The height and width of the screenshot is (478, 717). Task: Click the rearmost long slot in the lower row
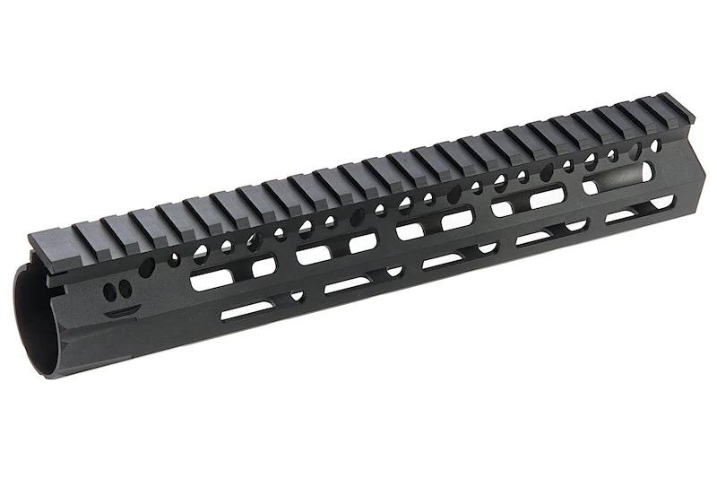point(247,309)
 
